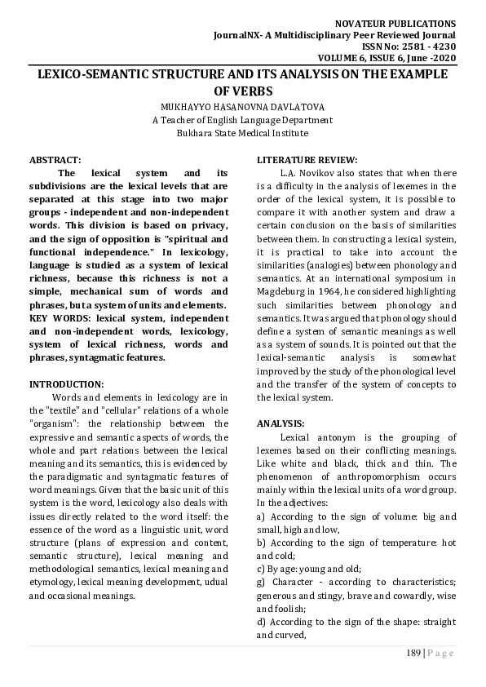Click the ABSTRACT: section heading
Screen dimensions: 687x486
(55, 160)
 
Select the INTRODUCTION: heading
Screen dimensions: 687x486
(67, 383)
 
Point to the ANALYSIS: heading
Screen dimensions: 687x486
(281, 423)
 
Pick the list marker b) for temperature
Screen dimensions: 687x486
(261, 543)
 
